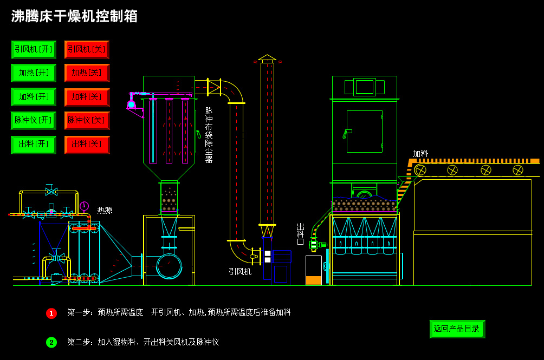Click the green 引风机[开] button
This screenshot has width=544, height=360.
pos(34,49)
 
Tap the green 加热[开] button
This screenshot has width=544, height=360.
pos(34,73)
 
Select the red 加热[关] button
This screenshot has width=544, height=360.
pos(87,73)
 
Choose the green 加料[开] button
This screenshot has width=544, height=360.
pos(34,97)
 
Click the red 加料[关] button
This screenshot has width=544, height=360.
pos(87,97)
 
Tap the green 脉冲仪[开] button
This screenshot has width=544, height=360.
pos(34,120)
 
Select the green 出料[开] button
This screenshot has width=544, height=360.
pos(34,144)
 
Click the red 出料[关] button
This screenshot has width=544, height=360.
pos(87,144)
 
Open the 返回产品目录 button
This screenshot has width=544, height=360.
pos(457,329)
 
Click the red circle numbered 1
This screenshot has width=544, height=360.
pos(51,313)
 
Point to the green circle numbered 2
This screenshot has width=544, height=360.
pos(51,342)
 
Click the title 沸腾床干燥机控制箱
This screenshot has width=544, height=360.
pos(74,16)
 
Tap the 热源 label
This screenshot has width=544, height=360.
pos(105,210)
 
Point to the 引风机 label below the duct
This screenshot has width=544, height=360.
pos(239,272)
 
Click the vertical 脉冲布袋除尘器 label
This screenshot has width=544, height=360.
pos(209,135)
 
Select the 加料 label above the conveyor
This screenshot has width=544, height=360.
pos(420,154)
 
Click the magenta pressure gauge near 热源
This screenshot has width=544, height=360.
pos(84,206)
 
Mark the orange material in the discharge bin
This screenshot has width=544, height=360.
pos(313,280)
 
